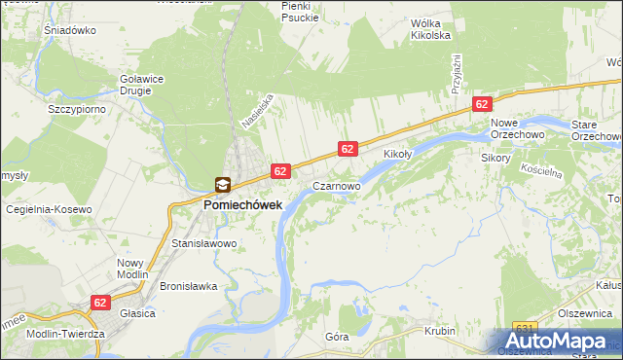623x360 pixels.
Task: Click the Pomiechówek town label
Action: click(242, 205)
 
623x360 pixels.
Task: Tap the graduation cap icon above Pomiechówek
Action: click(223, 185)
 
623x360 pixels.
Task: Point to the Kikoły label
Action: click(398, 155)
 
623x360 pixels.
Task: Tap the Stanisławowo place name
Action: click(204, 243)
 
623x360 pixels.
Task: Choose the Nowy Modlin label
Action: click(130, 269)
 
